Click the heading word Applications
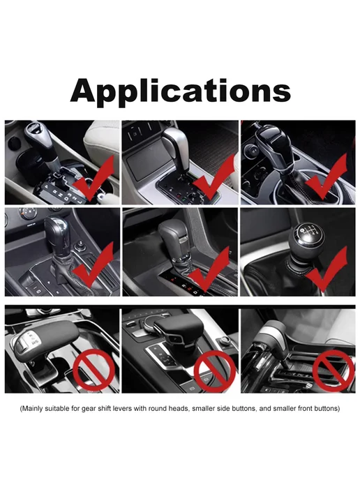pos(180,91)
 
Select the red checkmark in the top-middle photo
pos(213,179)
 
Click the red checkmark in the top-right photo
pos(325,179)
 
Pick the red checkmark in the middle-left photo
pos(92,267)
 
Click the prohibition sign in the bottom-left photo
pos(93,370)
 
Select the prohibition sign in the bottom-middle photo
pos(215,371)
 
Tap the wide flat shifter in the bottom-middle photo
pos(179,330)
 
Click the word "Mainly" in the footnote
pos(32,408)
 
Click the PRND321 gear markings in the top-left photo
pos(63,193)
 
